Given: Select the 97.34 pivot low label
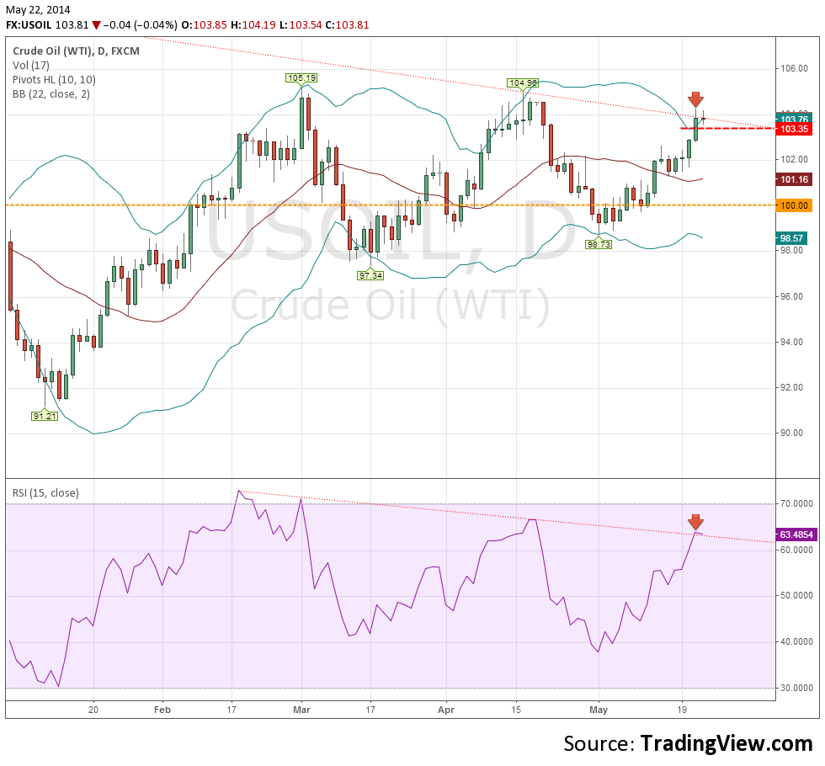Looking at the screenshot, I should pos(370,275).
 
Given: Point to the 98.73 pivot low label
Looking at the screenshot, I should pos(599,243).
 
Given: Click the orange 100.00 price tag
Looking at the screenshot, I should pos(795,205).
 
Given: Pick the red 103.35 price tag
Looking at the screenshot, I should pos(795,129).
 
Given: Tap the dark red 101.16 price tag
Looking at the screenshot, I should pos(795,179).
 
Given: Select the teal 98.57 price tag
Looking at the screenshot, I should pos(795,238).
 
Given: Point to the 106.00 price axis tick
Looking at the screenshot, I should pos(794,69).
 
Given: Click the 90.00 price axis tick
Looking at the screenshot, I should pos(794,434).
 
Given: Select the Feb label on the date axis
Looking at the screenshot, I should pos(162,710).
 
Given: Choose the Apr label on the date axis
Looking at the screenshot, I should pos(445,710).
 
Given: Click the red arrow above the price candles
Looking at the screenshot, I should pos(696,99).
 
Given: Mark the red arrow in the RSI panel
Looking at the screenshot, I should pos(696,521).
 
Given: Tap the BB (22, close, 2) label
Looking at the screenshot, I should pos(51,94).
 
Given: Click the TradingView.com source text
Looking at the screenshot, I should pos(727,744).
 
